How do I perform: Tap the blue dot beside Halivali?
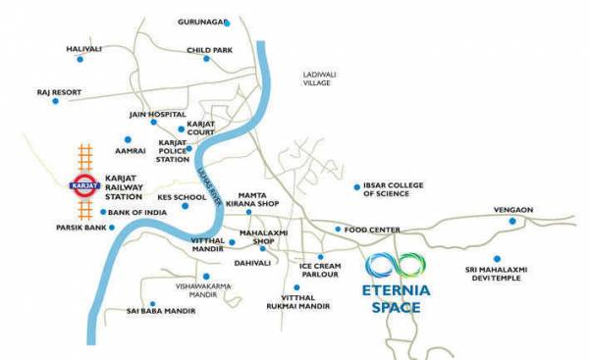80,60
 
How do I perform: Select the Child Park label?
211,49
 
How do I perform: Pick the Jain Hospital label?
157,114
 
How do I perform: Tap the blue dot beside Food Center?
338,230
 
